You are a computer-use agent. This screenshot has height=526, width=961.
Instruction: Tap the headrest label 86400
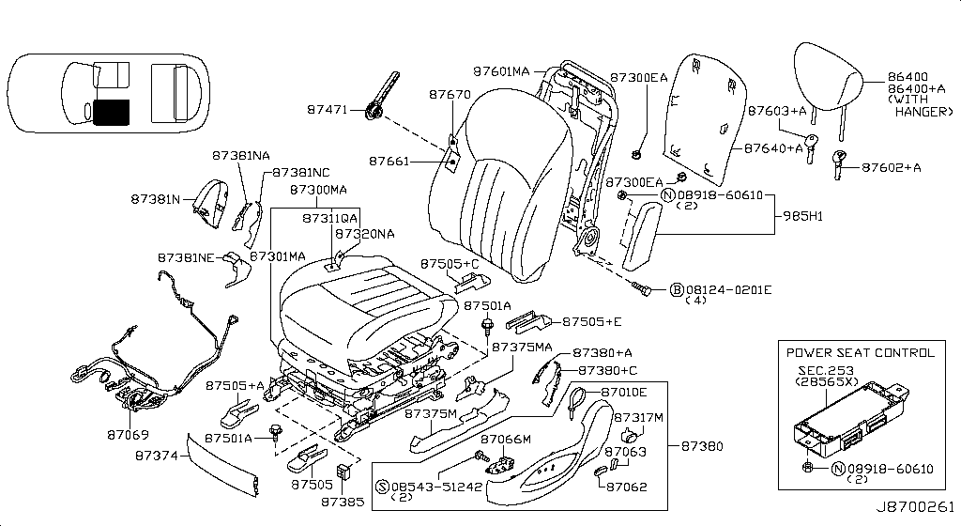[x=907, y=75]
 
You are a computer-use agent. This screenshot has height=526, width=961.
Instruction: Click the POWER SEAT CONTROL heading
[x=861, y=353]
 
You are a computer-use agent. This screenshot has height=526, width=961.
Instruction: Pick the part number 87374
[x=156, y=455]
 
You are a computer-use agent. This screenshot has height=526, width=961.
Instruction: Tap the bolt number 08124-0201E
[x=728, y=289]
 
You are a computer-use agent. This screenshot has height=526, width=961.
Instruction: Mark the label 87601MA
[x=501, y=71]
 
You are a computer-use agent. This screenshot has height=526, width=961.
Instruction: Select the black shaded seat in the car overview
[x=112, y=112]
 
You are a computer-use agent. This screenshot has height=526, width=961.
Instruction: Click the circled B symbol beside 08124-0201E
[x=676, y=289]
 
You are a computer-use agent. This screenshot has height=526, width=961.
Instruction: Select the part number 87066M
[x=506, y=439]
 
